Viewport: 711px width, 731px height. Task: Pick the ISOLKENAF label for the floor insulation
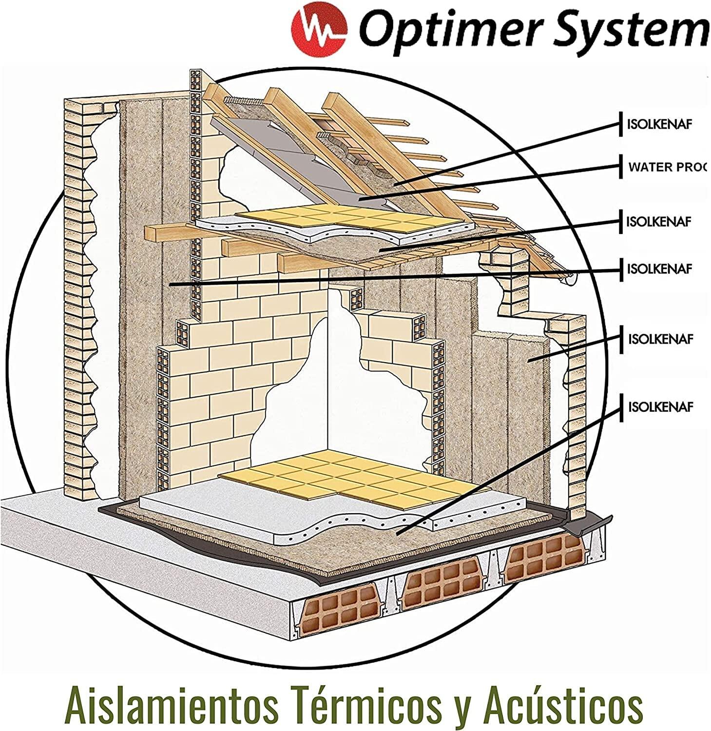click(x=660, y=407)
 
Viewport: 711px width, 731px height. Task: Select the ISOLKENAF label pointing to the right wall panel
click(x=660, y=339)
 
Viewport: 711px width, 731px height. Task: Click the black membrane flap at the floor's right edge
click(x=585, y=524)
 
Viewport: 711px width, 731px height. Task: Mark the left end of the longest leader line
click(x=171, y=284)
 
